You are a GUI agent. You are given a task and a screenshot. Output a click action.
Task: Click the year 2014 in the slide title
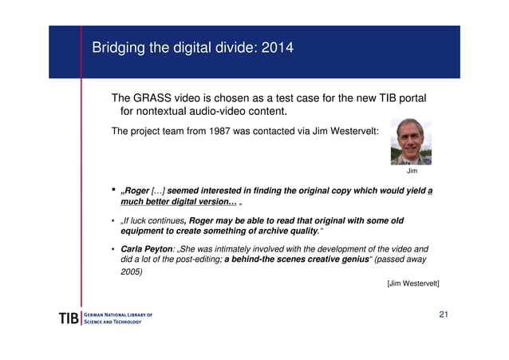275,48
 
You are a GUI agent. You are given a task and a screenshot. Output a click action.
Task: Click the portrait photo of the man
411,142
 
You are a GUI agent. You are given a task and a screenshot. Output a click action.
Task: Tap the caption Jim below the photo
412,171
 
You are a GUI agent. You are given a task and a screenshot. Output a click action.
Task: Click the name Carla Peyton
147,249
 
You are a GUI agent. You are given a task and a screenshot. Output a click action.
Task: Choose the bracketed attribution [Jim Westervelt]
412,283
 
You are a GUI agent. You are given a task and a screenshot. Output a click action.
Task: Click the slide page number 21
444,315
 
